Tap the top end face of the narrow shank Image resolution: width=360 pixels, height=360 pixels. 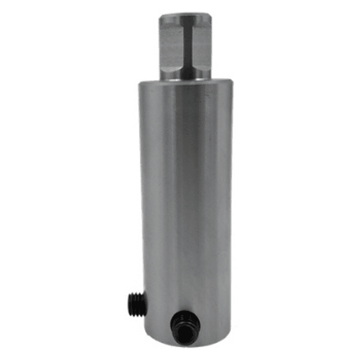tap(185, 12)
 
